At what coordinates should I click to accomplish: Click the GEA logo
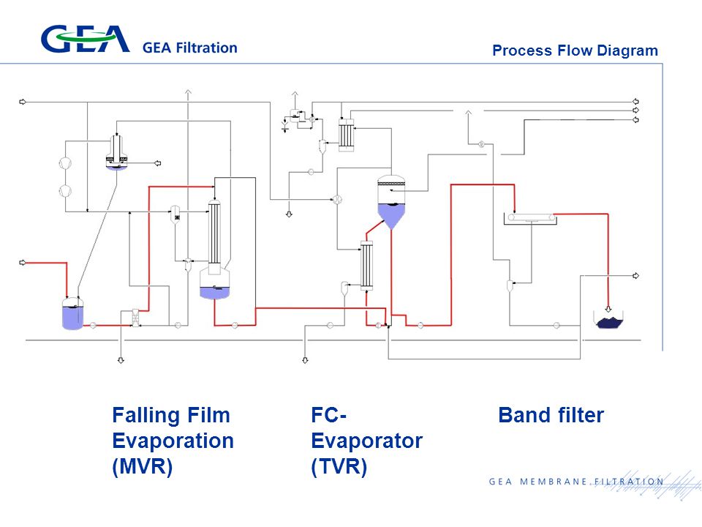coord(85,40)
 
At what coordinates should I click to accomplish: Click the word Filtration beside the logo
coord(206,48)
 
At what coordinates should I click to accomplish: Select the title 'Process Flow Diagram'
coord(575,51)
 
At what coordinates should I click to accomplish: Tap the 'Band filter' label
coord(551,415)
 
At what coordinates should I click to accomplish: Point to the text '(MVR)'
coord(143,466)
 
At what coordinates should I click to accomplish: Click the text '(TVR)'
coord(339,466)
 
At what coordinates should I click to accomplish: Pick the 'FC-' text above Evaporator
coord(328,415)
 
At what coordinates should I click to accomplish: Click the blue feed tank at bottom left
coord(72,314)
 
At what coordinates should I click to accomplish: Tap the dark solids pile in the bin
coord(609,322)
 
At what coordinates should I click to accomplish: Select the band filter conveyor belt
coord(531,218)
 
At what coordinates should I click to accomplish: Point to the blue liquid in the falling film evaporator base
coord(214,293)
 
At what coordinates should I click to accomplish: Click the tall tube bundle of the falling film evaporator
coord(214,233)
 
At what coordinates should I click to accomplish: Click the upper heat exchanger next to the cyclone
coord(346,135)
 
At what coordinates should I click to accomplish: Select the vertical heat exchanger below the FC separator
coord(366,266)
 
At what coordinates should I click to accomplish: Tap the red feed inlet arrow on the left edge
coord(23,263)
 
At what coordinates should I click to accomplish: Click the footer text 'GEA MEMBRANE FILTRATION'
coord(576,482)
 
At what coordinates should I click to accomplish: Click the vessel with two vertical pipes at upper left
coord(116,152)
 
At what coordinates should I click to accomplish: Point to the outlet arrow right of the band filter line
coord(635,276)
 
